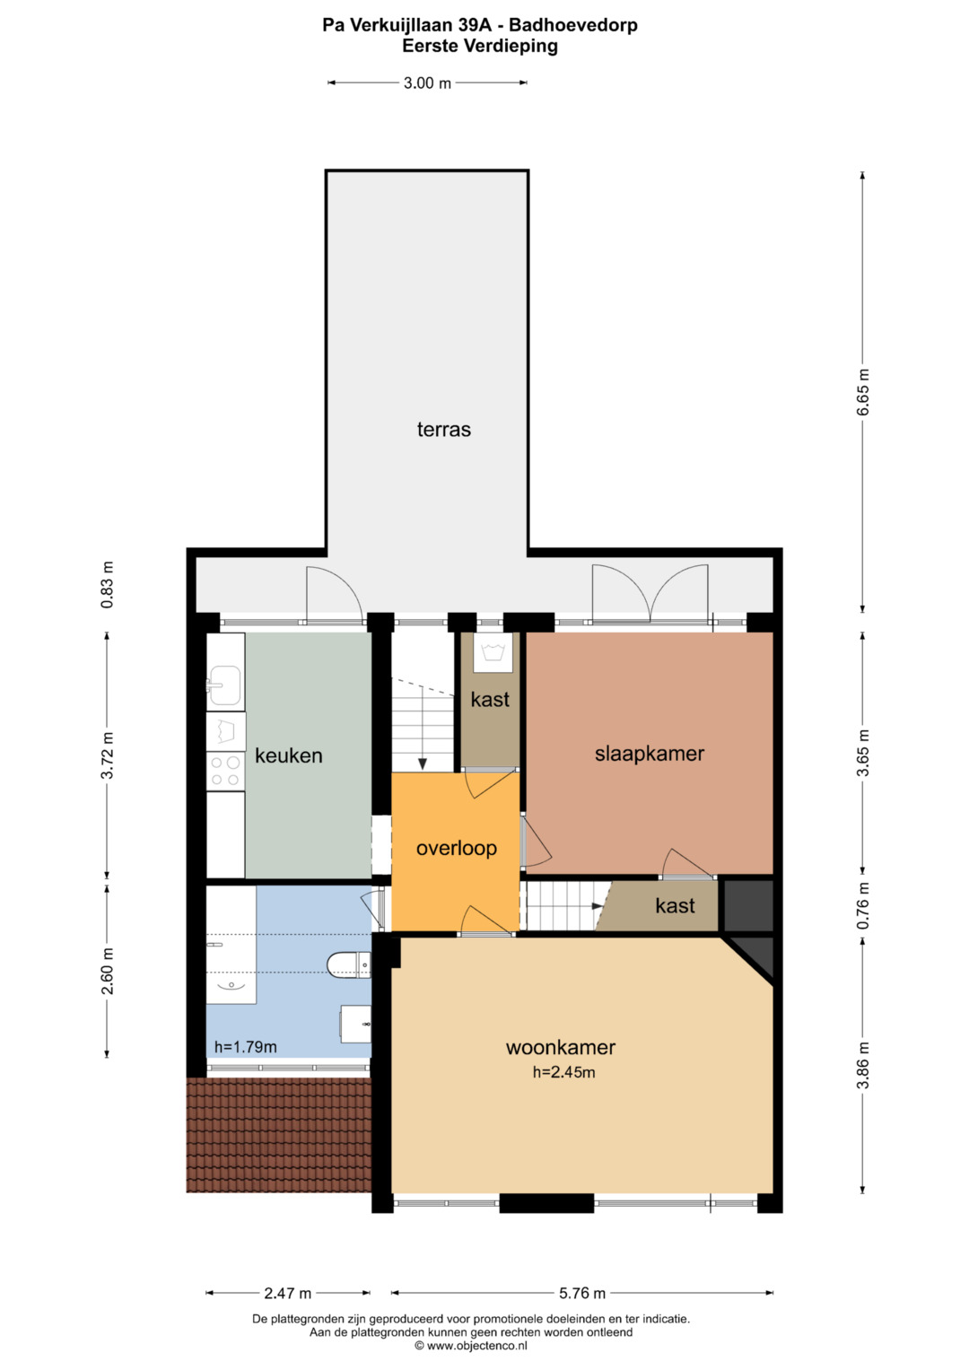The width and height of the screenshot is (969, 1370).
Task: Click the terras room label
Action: pos(443,430)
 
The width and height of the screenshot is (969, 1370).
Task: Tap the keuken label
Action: pos(289,755)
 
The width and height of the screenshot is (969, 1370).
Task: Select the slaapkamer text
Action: pos(650,754)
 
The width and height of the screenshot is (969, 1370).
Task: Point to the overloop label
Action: pos(457,849)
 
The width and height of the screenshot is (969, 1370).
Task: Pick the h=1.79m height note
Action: pos(245,1047)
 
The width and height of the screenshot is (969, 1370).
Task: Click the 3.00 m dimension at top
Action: pos(427,83)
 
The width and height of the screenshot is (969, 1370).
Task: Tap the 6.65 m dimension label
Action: pos(862,392)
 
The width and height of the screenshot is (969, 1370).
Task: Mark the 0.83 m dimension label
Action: pos(107,585)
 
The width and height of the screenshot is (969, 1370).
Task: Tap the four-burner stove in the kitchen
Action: pos(226,772)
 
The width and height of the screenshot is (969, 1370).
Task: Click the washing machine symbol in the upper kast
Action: pos(493,652)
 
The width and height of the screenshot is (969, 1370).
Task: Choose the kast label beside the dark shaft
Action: pos(675,906)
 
